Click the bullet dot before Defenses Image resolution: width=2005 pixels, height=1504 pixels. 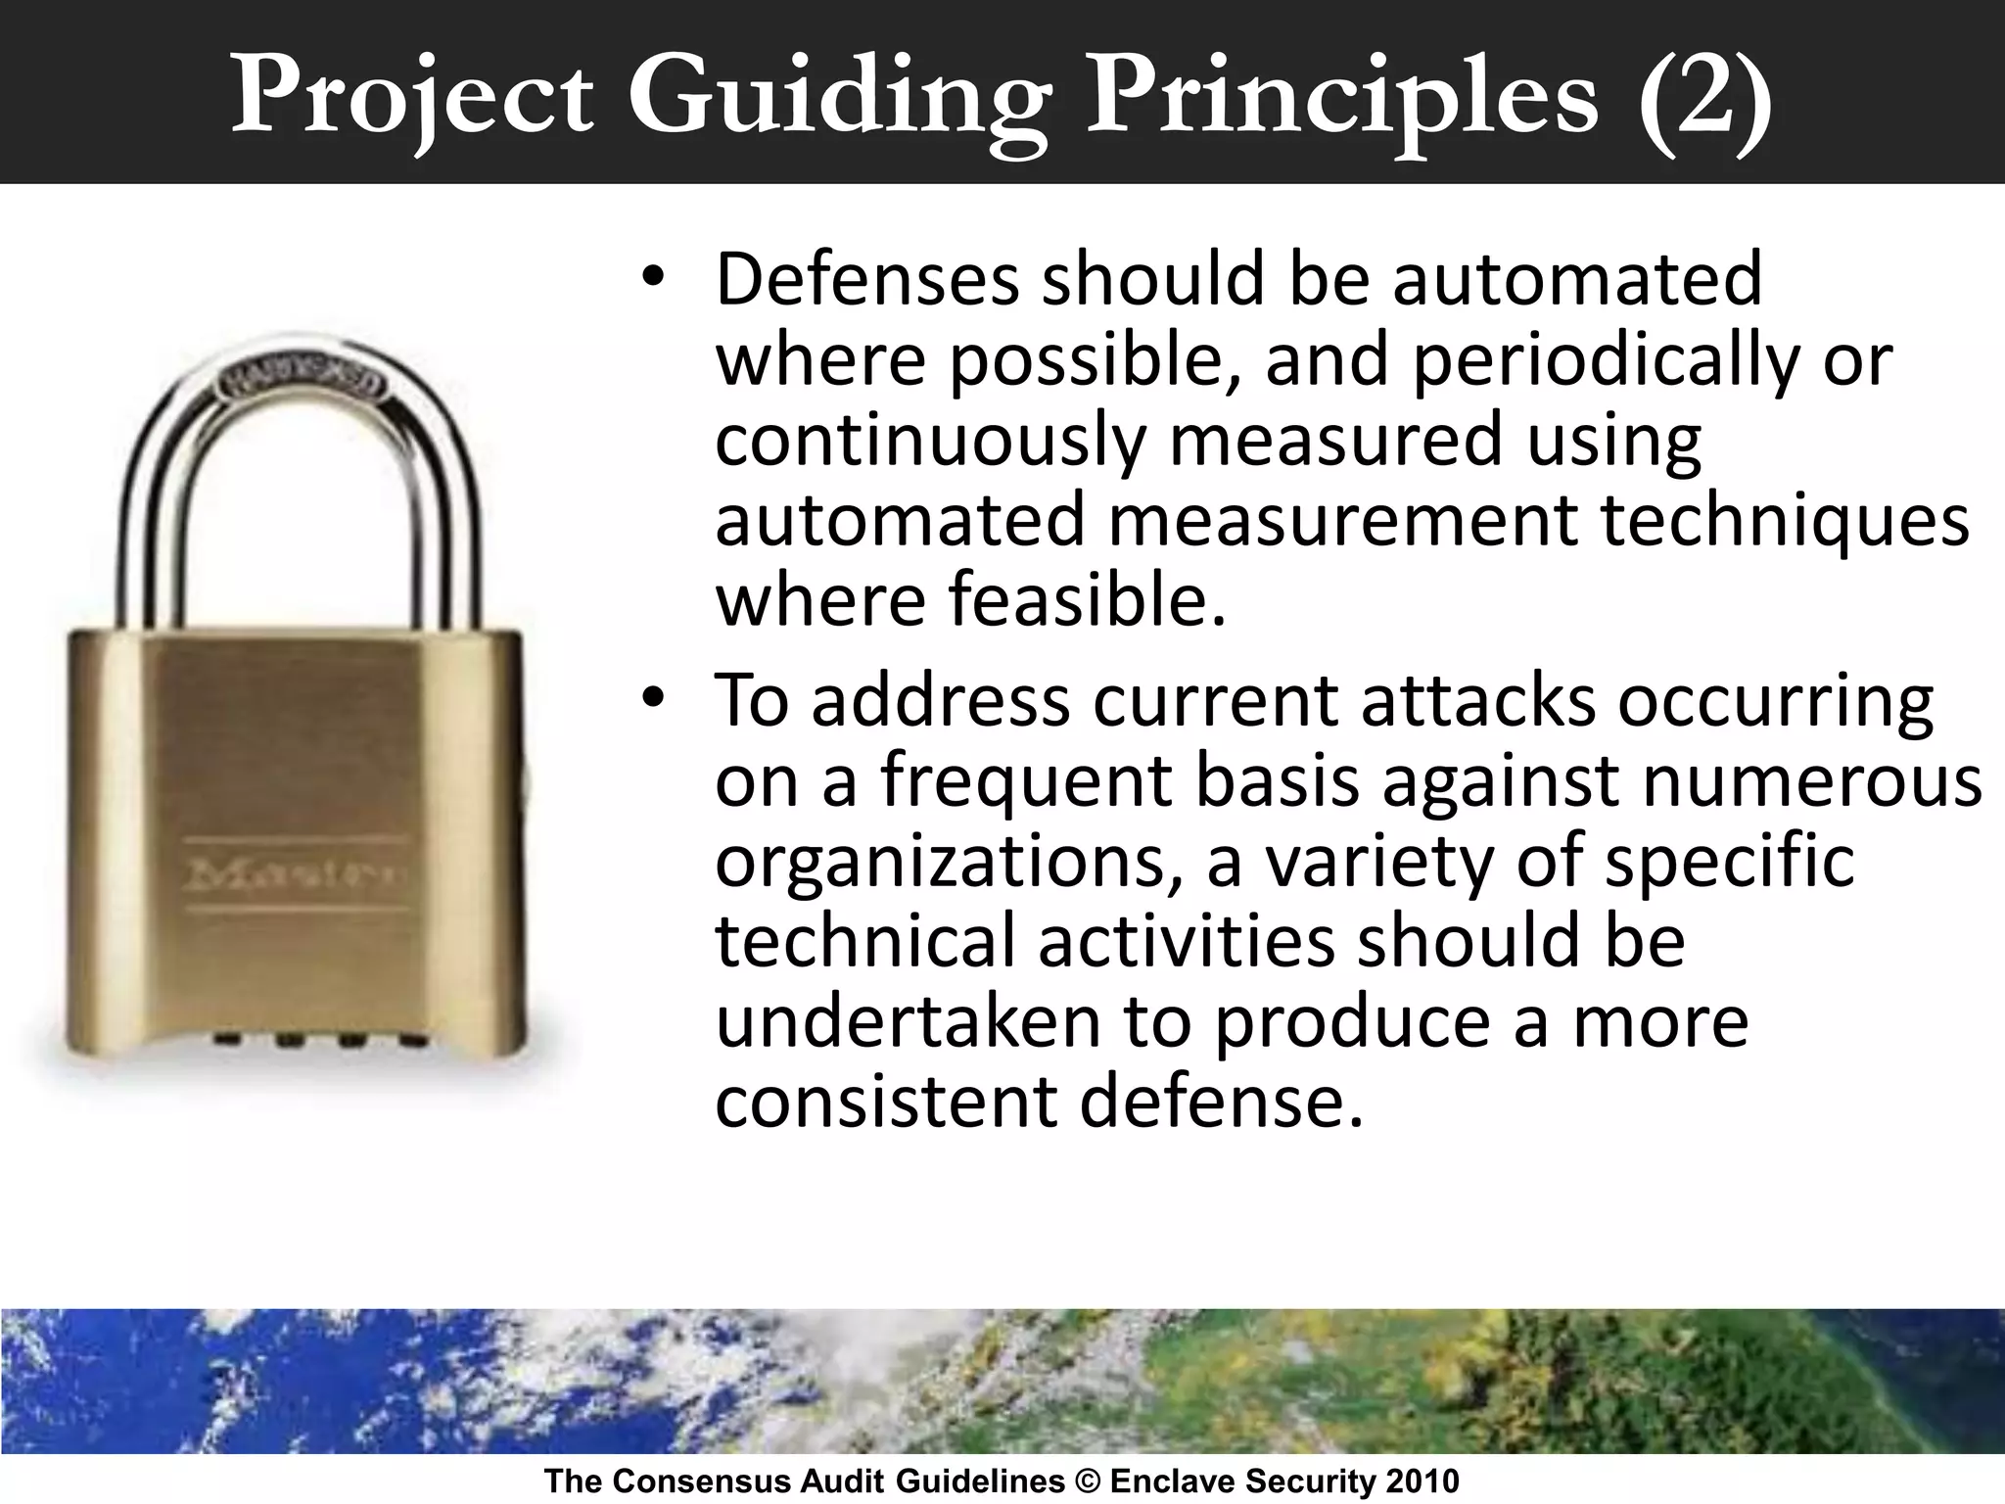tap(653, 278)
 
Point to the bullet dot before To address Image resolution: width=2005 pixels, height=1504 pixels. tap(653, 699)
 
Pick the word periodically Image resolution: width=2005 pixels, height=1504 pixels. tap(1606, 360)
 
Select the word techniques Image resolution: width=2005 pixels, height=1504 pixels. tap(1784, 520)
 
